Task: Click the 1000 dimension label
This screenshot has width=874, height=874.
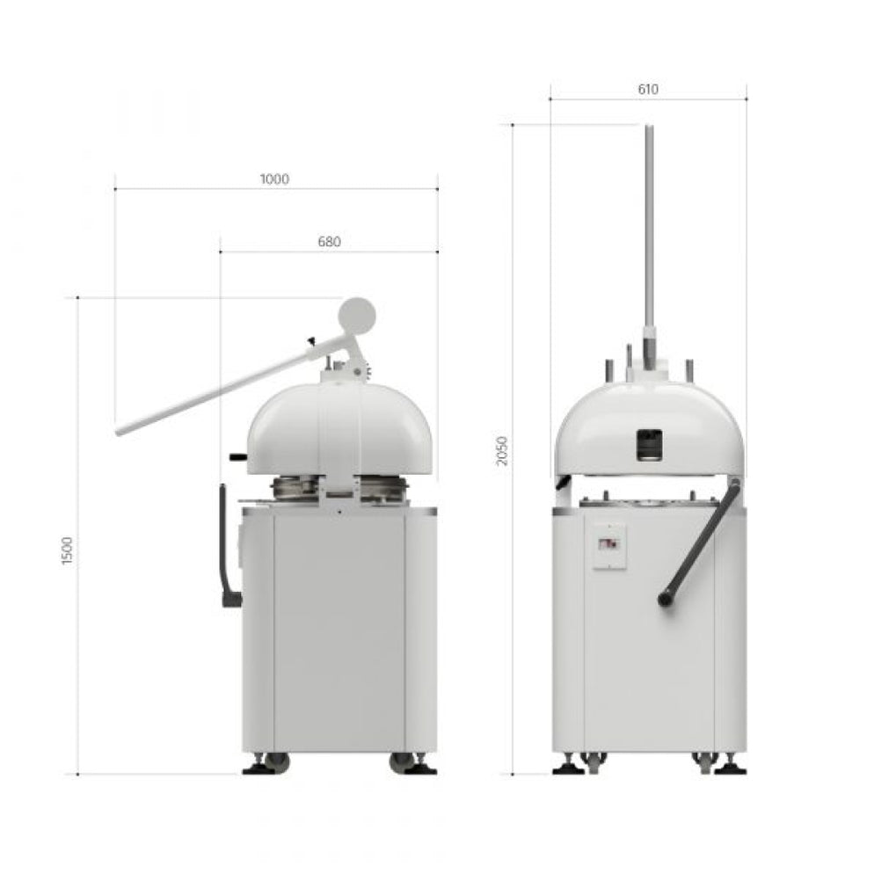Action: (274, 179)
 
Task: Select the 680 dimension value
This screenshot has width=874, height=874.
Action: (328, 242)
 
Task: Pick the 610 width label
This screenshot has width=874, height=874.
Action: (647, 89)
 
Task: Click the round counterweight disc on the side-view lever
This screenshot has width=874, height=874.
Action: (357, 313)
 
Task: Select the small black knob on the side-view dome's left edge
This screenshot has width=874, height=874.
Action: (236, 456)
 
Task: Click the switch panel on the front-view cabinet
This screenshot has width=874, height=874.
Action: (608, 546)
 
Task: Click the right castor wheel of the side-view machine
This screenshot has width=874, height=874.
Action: (402, 761)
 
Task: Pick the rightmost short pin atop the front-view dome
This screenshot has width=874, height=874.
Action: (688, 368)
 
